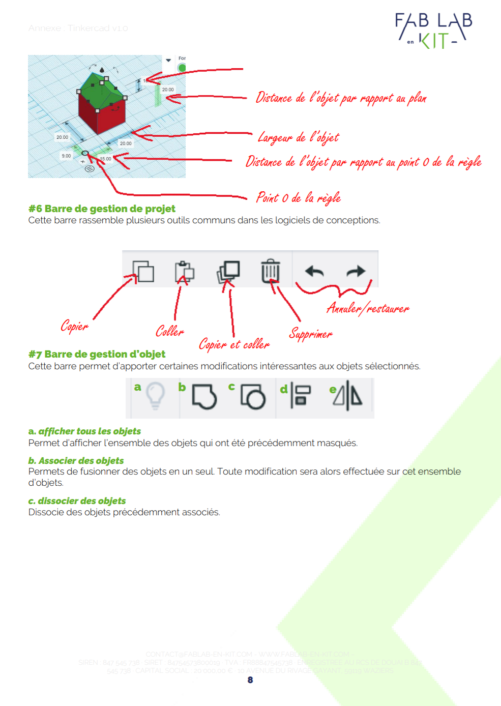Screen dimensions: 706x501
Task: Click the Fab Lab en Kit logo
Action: click(x=434, y=31)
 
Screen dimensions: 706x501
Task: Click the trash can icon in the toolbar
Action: click(x=270, y=271)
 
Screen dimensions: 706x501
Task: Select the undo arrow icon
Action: click(x=314, y=272)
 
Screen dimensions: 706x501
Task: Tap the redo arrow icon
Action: click(x=356, y=271)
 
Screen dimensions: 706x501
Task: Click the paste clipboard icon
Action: click(x=184, y=272)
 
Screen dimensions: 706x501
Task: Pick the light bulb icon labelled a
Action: click(x=155, y=395)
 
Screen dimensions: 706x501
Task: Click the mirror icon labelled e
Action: click(x=348, y=396)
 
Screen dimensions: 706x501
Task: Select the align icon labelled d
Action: click(x=301, y=396)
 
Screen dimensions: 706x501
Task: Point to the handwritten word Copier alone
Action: click(x=74, y=326)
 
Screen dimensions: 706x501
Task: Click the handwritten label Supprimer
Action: click(x=310, y=334)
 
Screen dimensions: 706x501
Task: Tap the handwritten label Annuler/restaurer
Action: click(x=367, y=308)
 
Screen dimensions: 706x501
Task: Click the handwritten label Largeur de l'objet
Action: click(x=298, y=137)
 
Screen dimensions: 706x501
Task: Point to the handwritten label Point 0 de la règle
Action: click(x=298, y=197)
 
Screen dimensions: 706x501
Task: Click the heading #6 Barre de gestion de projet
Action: click(x=102, y=209)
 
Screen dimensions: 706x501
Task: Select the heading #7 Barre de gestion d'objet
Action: click(x=97, y=354)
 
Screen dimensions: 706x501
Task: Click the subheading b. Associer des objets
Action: click(x=76, y=460)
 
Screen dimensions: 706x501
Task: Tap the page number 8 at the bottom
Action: click(x=250, y=680)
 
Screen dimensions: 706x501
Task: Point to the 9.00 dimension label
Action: click(x=67, y=156)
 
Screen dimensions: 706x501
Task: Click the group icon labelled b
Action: click(x=204, y=396)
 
